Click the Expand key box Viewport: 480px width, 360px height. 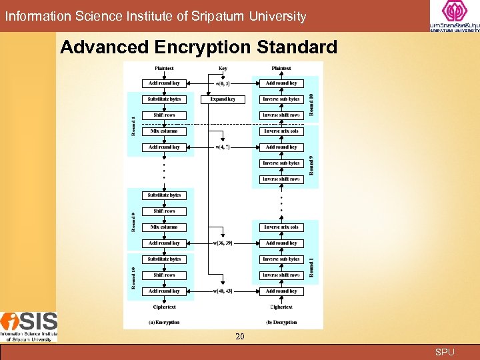(223, 99)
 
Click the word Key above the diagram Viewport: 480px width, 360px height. (223, 68)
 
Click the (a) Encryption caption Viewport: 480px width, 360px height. (164, 322)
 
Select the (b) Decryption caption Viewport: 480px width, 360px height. (281, 322)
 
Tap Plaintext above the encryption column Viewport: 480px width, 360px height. (164, 68)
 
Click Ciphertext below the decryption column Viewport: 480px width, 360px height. (281, 307)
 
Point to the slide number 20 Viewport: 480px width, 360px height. (240, 337)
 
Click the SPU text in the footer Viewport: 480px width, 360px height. (445, 352)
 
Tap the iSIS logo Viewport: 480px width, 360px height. (29, 327)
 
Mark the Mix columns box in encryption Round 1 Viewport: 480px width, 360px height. (164, 131)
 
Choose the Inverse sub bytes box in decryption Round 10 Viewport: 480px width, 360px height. (281, 99)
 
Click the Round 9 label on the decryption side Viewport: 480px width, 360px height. (310, 165)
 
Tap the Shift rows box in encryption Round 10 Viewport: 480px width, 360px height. (164, 275)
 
